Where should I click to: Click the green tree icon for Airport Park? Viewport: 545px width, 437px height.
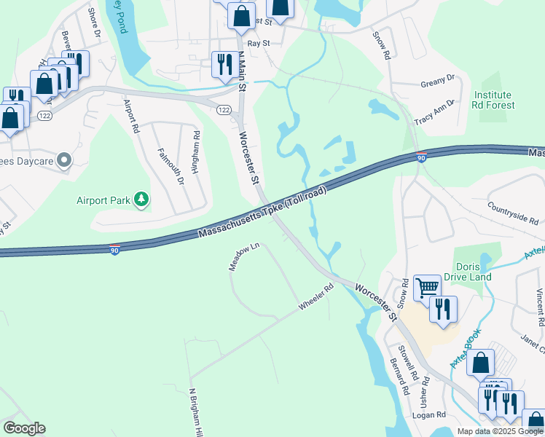click(142, 200)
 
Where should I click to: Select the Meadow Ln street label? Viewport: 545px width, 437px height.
click(244, 257)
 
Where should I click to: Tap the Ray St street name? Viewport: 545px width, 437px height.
click(259, 44)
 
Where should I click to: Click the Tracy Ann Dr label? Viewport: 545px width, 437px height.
click(434, 111)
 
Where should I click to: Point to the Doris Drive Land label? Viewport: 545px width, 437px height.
click(472, 272)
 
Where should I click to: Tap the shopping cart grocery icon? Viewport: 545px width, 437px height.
click(427, 288)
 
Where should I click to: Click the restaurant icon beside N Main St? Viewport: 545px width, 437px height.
click(222, 64)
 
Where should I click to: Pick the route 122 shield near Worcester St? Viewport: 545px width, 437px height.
click(224, 109)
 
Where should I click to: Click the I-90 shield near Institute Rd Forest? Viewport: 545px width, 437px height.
click(421, 157)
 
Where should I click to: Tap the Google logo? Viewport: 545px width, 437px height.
click(24, 428)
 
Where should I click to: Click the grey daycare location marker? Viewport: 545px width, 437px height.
click(64, 159)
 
